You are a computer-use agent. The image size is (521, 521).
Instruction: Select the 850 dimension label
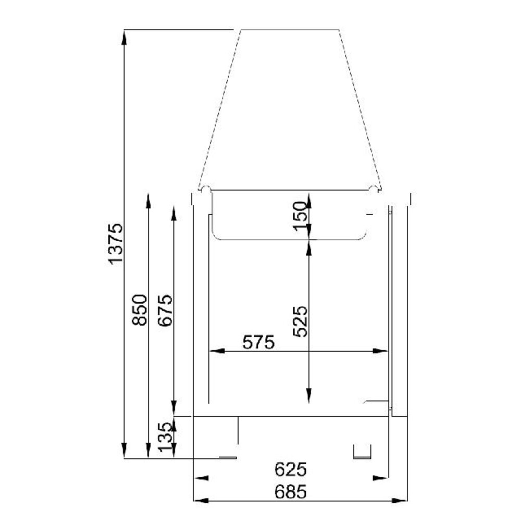(x=140, y=311)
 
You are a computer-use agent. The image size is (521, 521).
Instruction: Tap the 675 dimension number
(x=165, y=311)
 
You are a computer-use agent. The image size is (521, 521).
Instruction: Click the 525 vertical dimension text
(x=301, y=321)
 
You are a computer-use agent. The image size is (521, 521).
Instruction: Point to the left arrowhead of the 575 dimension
(x=214, y=351)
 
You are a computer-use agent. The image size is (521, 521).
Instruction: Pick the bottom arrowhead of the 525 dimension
(x=309, y=397)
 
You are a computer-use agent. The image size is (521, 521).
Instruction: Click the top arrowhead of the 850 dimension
(x=149, y=199)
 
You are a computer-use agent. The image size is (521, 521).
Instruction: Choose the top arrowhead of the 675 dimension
(x=174, y=210)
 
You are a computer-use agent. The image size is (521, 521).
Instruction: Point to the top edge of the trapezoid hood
(x=290, y=30)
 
